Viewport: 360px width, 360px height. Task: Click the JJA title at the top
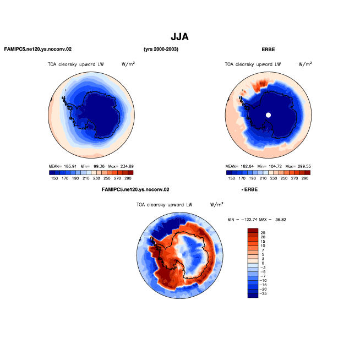click(179, 37)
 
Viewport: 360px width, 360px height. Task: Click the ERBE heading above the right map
click(268, 50)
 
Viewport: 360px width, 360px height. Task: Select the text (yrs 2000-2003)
click(161, 49)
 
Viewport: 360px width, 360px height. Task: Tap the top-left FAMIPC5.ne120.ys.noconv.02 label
click(38, 49)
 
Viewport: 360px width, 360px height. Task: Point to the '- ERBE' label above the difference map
click(249, 189)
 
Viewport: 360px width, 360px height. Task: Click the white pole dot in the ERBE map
click(268, 115)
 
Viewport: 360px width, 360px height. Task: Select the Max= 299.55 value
click(298, 166)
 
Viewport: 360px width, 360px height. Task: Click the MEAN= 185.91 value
click(62, 166)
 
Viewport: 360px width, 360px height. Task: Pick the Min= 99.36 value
click(92, 166)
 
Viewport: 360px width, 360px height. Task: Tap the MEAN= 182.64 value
click(239, 166)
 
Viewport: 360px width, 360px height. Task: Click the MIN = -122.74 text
click(242, 220)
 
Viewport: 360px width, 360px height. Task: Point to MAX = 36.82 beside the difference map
click(273, 220)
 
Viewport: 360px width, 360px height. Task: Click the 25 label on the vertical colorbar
click(263, 233)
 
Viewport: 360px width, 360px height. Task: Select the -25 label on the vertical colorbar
click(263, 293)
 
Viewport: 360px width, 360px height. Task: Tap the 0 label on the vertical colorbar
click(263, 263)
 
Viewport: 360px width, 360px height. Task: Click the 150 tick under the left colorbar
click(54, 178)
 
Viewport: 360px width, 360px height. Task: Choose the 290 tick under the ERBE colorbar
click(305, 178)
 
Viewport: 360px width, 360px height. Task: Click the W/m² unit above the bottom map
click(216, 205)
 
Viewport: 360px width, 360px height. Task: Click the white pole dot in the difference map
click(180, 255)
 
